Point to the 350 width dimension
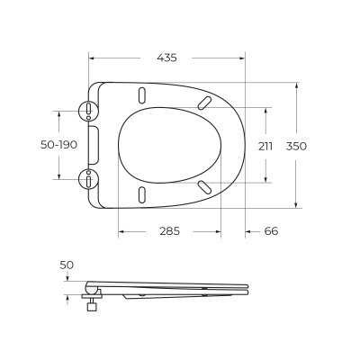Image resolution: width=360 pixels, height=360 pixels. tap(310, 145)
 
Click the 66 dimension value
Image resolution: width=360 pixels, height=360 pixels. tap(271, 230)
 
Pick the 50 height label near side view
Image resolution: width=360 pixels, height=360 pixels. tap(67, 265)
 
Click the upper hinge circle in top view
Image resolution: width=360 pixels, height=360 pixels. tap(89, 110)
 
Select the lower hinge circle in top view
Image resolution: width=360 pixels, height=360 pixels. tap(89, 178)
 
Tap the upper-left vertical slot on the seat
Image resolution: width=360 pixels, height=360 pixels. tap(143, 94)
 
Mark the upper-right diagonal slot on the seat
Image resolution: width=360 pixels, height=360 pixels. tap(205, 102)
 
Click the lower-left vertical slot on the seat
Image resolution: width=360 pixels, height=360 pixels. tap(143, 194)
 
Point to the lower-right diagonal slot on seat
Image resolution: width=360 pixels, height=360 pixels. tap(205, 186)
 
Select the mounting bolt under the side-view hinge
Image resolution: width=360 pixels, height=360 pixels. tap(90, 303)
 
